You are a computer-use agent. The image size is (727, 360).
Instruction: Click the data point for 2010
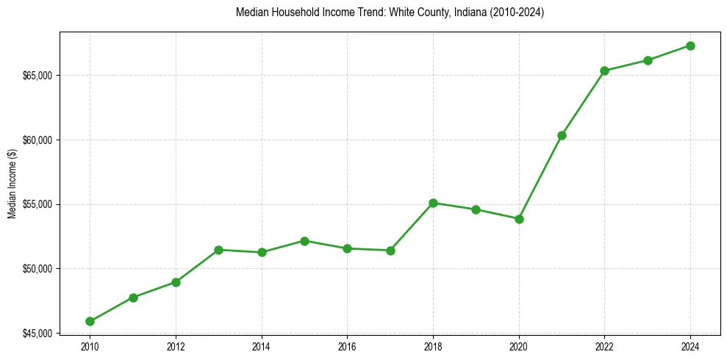click(x=90, y=321)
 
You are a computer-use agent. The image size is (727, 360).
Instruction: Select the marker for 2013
click(x=218, y=250)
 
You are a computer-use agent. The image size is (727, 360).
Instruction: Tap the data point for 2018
click(x=433, y=203)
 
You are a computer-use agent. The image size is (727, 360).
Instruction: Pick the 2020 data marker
click(x=519, y=219)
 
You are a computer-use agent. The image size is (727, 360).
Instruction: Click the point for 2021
click(x=562, y=135)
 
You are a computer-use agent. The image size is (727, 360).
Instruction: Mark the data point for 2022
click(x=604, y=71)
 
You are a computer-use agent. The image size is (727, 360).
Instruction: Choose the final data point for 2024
click(x=690, y=46)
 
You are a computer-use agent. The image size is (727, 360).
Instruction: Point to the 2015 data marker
click(x=304, y=241)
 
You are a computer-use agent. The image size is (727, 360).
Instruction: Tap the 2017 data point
click(x=390, y=251)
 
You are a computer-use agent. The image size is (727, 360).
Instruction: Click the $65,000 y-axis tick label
click(x=38, y=76)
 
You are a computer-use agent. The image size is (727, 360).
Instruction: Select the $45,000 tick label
click(x=38, y=333)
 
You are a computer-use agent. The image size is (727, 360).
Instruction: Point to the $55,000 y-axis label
click(x=38, y=204)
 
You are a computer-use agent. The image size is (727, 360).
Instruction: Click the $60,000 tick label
click(x=38, y=140)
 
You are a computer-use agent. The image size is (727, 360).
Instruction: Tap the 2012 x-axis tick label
click(x=176, y=346)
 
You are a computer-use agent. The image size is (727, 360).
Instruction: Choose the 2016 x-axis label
click(x=347, y=346)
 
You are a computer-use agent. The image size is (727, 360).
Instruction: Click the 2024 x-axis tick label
click(x=690, y=346)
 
